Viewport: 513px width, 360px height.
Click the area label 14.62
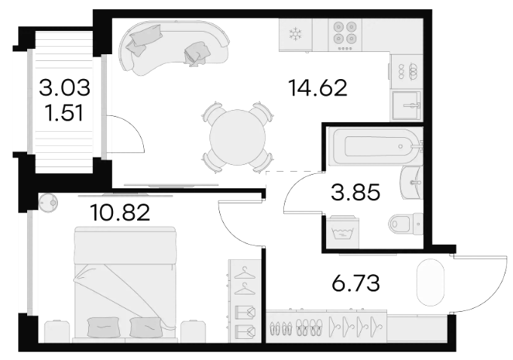coord(317,88)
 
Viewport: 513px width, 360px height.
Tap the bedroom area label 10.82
coord(120,212)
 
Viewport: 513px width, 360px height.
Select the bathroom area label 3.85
coord(356,192)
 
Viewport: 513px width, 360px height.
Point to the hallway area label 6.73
coord(356,283)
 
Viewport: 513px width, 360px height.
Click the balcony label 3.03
coord(65,88)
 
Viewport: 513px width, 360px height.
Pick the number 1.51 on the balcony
coord(65,113)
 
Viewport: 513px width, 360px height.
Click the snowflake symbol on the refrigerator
coord(295,35)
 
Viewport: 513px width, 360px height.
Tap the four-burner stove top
coord(345,35)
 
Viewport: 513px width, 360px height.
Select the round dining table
coord(237,137)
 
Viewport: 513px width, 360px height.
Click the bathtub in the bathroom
coord(376,147)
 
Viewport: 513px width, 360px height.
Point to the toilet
coord(406,224)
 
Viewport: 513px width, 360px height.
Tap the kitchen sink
coord(407,105)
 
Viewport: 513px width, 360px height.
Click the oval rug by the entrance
coord(431,282)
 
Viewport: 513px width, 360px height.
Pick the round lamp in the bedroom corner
coord(48,203)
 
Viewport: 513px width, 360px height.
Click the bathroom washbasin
coord(412,183)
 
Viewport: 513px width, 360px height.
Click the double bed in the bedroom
coord(126,285)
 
